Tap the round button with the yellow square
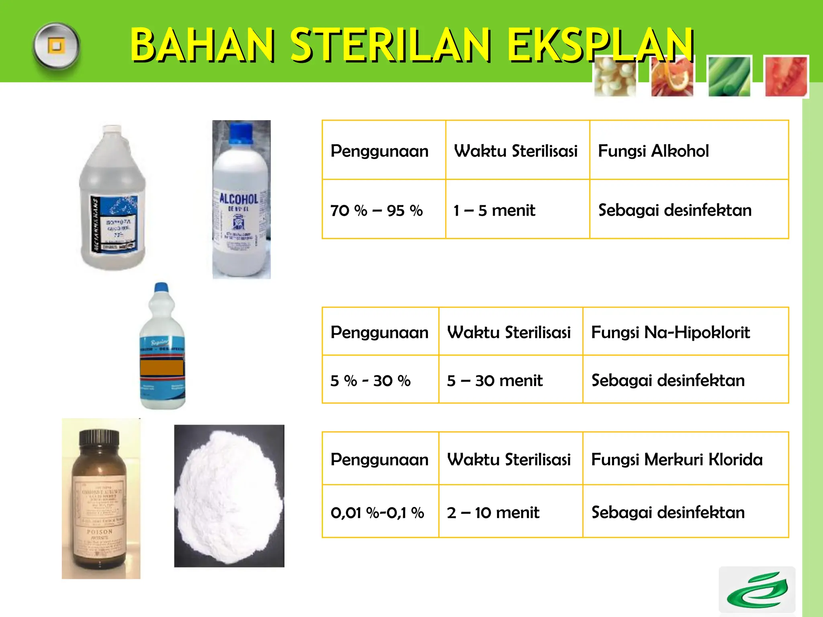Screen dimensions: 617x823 [x=56, y=46]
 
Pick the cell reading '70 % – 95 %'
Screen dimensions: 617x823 [x=376, y=210]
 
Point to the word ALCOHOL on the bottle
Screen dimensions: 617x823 [x=238, y=199]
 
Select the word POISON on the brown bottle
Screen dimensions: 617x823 [x=100, y=531]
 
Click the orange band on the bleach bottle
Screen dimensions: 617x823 [x=162, y=368]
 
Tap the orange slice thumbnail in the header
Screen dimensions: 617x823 [x=672, y=76]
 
